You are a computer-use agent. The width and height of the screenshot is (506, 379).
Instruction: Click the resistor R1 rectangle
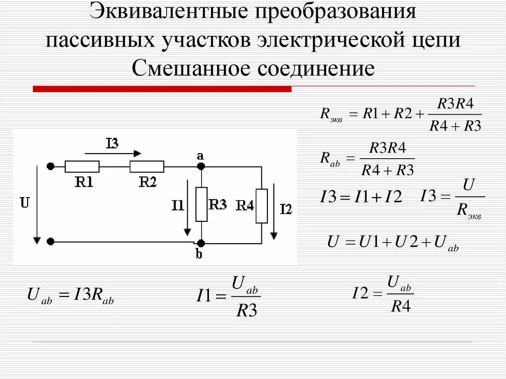[x=82, y=167]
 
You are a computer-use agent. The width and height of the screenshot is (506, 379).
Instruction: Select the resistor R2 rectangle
[x=147, y=167]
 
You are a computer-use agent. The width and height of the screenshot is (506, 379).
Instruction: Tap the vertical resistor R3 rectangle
[x=202, y=204]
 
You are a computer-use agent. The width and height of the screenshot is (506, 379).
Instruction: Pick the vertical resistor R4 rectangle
[x=261, y=205]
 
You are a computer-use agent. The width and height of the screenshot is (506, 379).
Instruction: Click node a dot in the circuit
[x=201, y=167]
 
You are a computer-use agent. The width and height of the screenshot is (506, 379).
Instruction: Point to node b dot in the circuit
[x=201, y=243]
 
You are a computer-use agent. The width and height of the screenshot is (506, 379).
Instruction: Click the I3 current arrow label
[x=112, y=144]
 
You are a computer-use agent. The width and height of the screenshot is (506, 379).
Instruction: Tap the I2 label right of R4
[x=286, y=209]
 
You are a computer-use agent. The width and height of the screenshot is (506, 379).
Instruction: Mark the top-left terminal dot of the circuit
[x=50, y=167]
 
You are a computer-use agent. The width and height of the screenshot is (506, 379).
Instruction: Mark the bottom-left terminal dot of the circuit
[x=50, y=242]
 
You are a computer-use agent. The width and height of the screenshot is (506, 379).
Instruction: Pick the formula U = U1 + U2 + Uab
[x=393, y=242]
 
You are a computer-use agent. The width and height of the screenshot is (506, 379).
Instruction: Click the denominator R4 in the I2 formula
[x=401, y=307]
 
